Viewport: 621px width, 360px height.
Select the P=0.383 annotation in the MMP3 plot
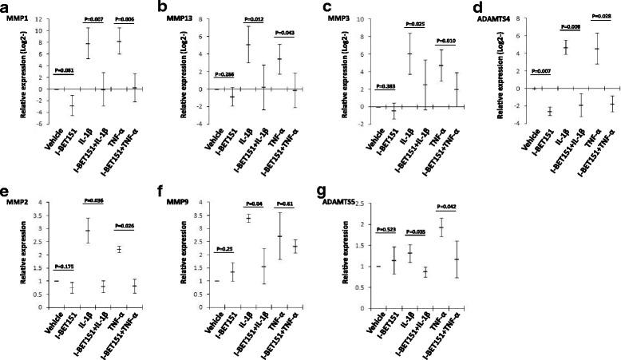pos(382,85)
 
